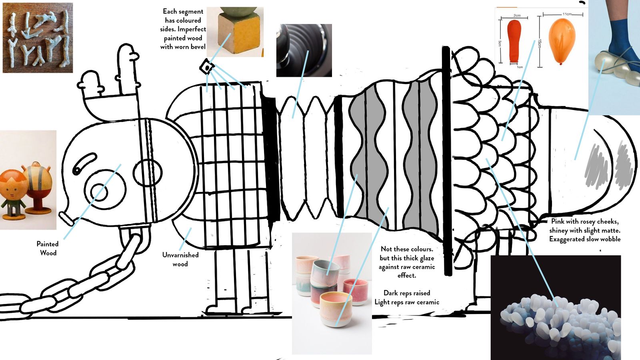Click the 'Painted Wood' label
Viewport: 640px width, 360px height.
[48, 248]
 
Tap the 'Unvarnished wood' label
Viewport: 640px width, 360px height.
[180, 259]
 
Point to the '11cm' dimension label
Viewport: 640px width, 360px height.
[567, 14]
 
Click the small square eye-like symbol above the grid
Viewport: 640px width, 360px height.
[207, 67]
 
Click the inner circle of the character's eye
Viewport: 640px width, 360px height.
[99, 192]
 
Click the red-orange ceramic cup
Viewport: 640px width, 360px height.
[355, 292]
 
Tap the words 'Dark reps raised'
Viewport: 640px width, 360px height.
[406, 293]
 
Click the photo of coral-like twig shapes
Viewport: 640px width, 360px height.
[38, 38]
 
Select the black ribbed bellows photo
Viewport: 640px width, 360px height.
[304, 50]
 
